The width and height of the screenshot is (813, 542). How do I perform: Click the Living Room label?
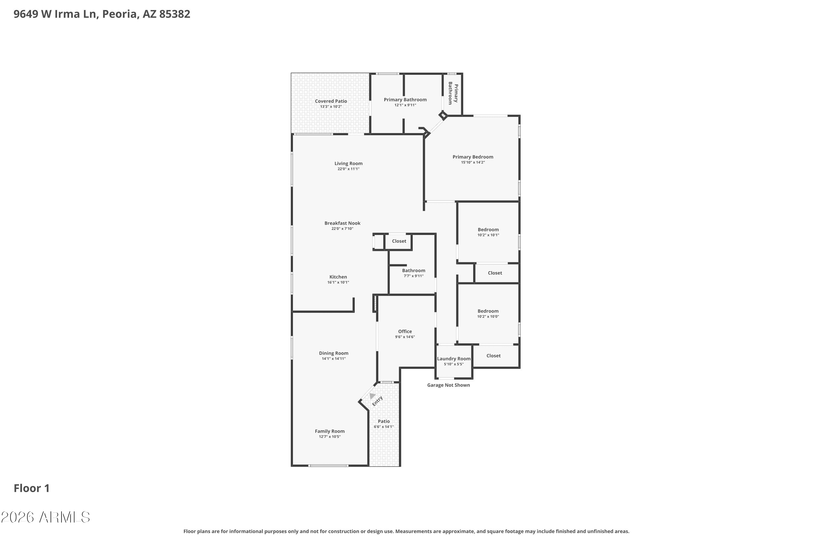tap(349, 163)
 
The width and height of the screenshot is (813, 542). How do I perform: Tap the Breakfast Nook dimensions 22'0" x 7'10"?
tap(342, 229)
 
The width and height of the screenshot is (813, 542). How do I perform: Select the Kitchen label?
tap(338, 277)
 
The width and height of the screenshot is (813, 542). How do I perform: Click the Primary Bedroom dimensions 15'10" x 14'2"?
tap(473, 162)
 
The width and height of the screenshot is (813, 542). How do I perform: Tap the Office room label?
tap(405, 331)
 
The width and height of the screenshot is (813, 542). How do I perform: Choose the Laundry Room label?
tap(453, 359)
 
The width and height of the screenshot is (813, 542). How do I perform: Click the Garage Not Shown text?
tap(448, 385)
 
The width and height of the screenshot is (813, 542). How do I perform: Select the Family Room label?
tap(330, 431)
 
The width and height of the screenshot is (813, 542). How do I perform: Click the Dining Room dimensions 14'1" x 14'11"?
tap(334, 359)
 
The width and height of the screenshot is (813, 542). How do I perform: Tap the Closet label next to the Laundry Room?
tap(493, 356)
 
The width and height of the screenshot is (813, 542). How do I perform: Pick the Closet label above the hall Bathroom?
tap(399, 241)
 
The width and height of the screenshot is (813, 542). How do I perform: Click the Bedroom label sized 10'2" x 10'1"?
tap(488, 230)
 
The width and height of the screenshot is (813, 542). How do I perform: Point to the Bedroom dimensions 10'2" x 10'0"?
tap(488, 317)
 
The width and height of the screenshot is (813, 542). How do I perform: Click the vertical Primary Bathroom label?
tap(453, 93)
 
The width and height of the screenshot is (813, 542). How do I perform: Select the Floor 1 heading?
tap(31, 488)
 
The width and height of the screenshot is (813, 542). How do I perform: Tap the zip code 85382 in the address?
tap(175, 14)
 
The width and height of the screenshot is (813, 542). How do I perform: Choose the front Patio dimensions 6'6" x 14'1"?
tap(383, 427)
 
